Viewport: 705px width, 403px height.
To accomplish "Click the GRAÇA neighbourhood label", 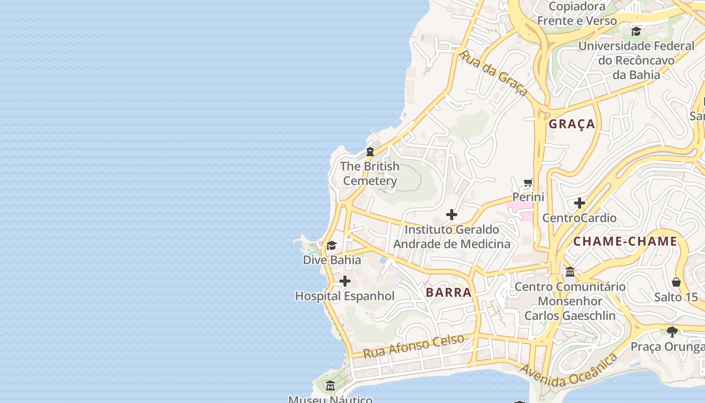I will pyautogui.click(x=572, y=124).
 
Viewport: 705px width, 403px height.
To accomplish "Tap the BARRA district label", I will pyautogui.click(x=448, y=293).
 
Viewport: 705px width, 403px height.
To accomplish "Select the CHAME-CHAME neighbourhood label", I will pyautogui.click(x=625, y=241).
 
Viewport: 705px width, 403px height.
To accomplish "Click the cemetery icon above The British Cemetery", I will pyautogui.click(x=370, y=151).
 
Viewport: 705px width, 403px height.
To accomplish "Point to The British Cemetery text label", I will pyautogui.click(x=370, y=174).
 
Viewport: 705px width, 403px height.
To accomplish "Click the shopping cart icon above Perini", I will pyautogui.click(x=528, y=182).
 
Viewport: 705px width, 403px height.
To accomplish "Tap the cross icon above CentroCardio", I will pyautogui.click(x=579, y=203).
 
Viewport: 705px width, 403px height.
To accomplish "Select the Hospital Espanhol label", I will pyautogui.click(x=344, y=296).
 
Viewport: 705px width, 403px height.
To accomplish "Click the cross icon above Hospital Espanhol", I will pyautogui.click(x=344, y=281).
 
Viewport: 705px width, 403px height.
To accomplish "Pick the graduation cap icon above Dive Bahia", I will pyautogui.click(x=331, y=245).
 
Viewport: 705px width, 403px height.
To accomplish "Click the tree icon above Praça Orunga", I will pyautogui.click(x=672, y=331).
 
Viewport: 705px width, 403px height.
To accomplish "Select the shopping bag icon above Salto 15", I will pyautogui.click(x=676, y=282).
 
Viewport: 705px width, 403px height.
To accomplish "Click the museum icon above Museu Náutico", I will pyautogui.click(x=330, y=386).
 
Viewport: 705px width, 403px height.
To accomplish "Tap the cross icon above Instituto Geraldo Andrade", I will pyautogui.click(x=452, y=215).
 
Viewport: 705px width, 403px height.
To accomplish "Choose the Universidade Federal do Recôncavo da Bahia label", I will pyautogui.click(x=636, y=60).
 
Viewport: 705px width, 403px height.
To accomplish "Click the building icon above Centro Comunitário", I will pyautogui.click(x=570, y=272).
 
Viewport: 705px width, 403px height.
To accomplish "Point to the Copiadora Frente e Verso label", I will pyautogui.click(x=577, y=14).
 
